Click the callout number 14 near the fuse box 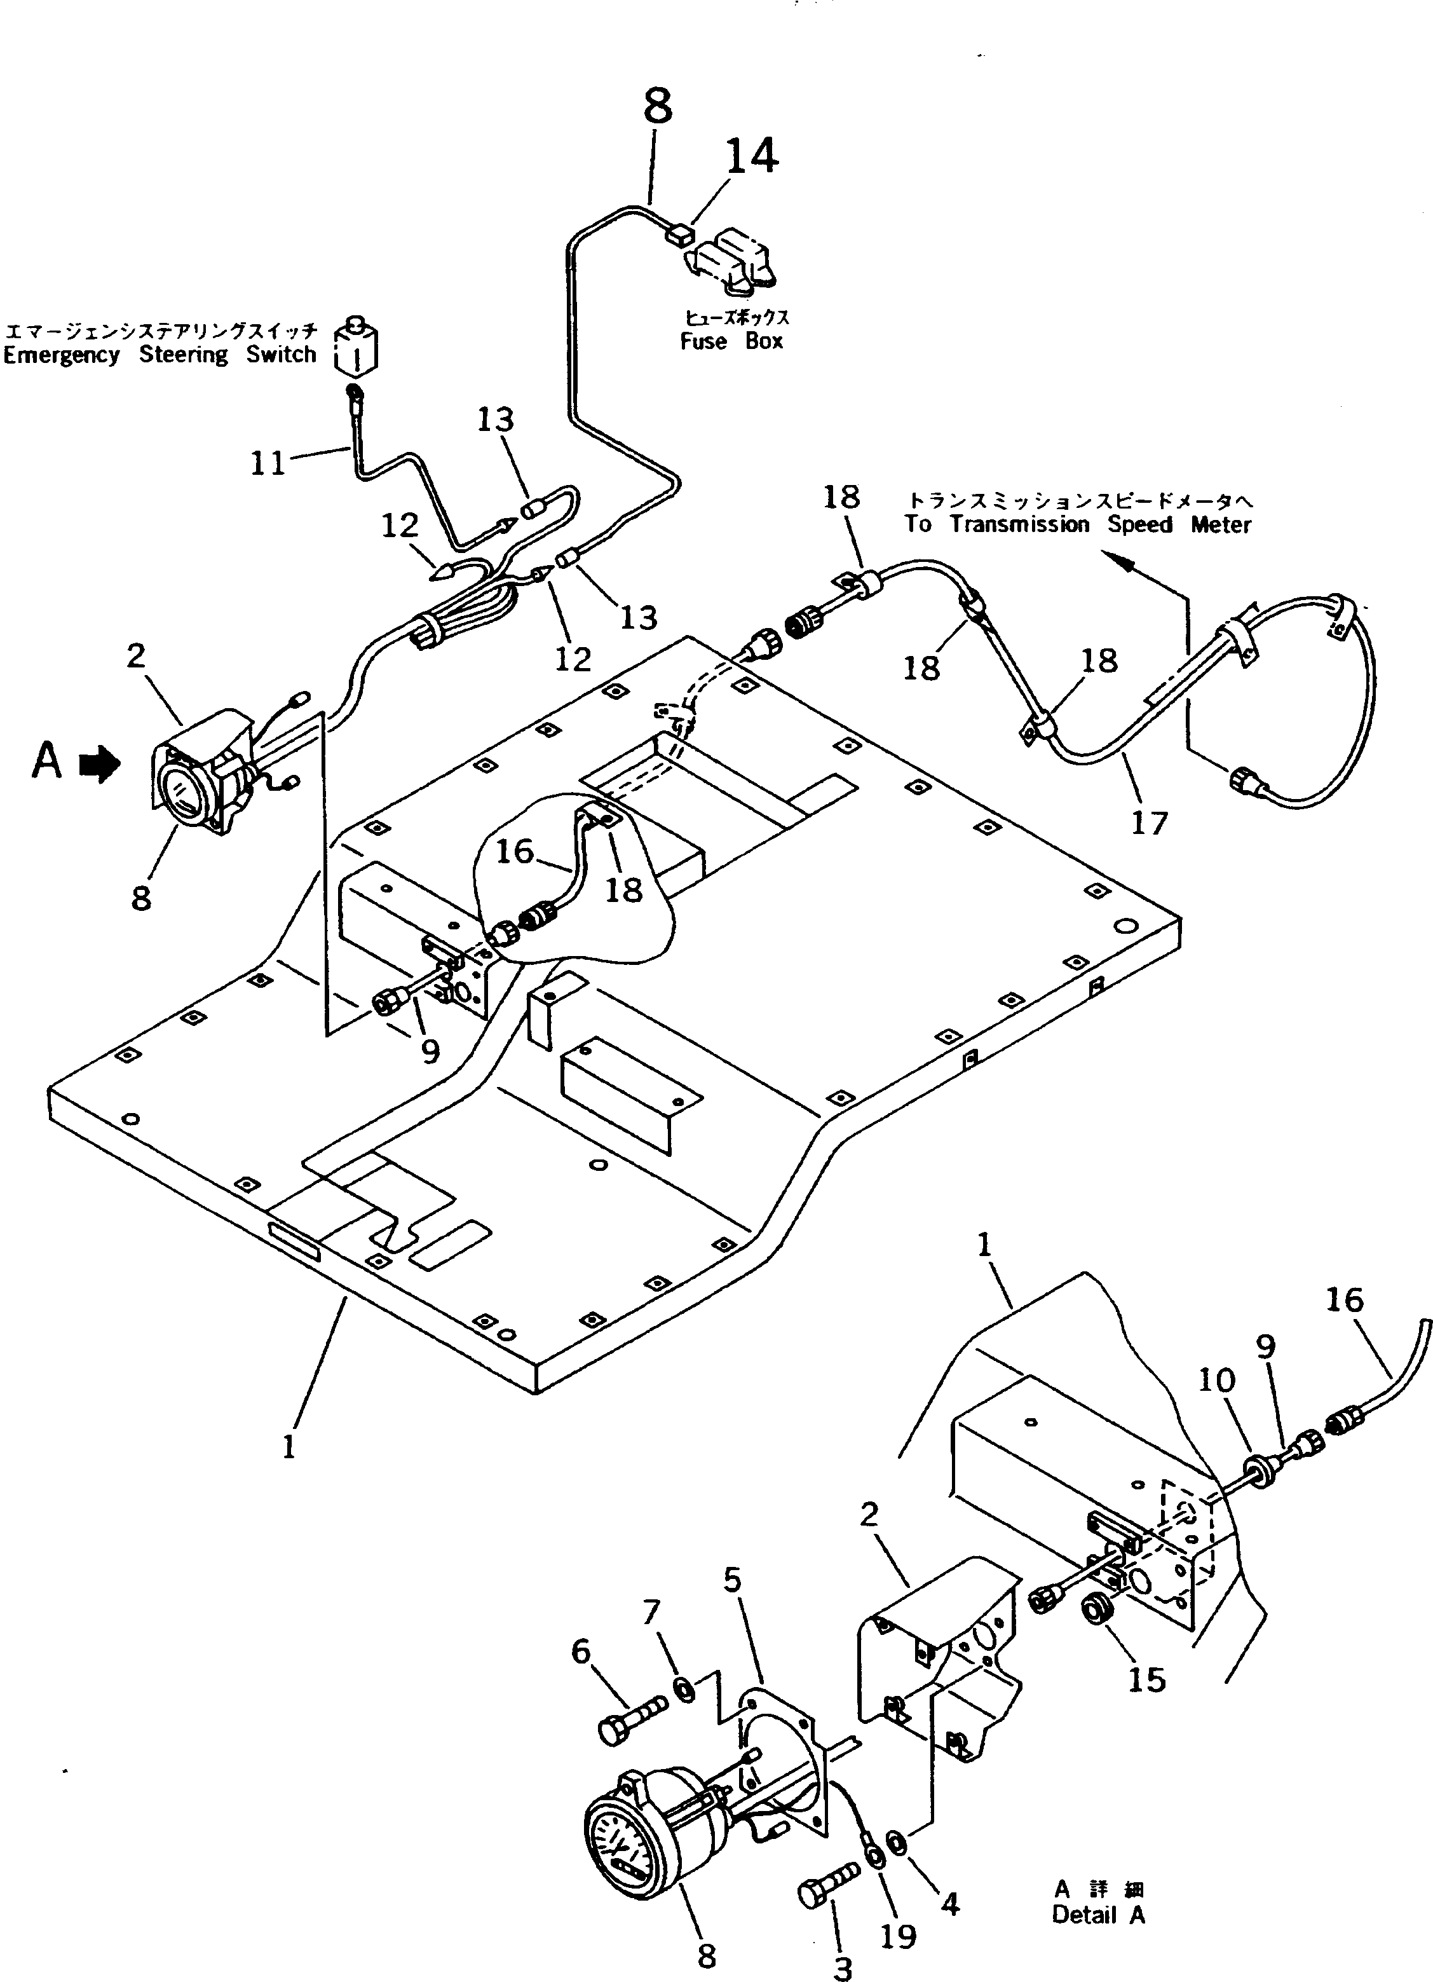(x=751, y=156)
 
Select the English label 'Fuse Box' (x=731, y=342)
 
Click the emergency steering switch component (x=357, y=348)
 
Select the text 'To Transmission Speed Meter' (x=1076, y=524)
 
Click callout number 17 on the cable (x=1148, y=823)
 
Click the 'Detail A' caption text (x=1097, y=1915)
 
